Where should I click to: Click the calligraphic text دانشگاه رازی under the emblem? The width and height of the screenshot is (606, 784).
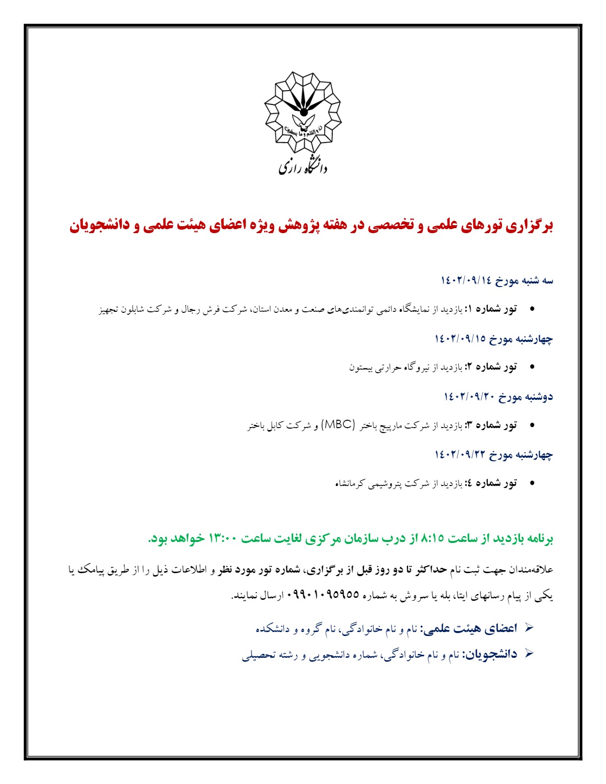[303, 165]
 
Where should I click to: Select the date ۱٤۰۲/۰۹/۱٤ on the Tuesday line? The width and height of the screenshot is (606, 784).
[465, 281]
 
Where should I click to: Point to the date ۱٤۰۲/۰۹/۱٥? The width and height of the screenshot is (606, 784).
[460, 339]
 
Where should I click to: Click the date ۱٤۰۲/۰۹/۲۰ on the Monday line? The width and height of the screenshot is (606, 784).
[469, 396]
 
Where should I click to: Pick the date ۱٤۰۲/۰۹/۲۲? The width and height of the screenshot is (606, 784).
[460, 454]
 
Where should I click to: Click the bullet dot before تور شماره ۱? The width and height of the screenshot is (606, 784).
[532, 309]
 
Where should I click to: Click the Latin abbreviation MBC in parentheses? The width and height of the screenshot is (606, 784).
[339, 425]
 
